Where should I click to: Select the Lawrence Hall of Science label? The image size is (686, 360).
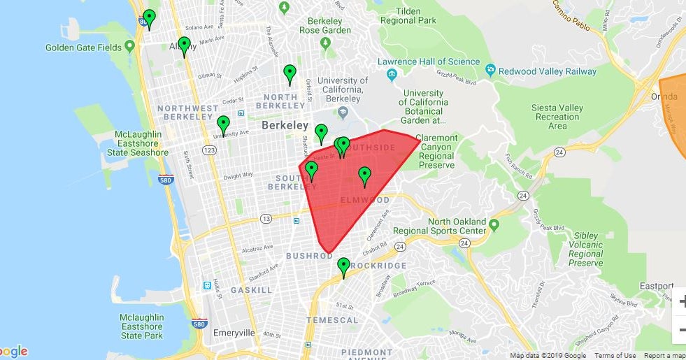coord(429,62)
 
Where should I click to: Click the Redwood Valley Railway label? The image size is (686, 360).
coord(548,71)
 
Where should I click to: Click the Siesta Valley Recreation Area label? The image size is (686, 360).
coord(557,117)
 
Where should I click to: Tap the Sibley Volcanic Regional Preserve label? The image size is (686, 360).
coord(586,249)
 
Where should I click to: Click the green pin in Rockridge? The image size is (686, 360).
coord(343,266)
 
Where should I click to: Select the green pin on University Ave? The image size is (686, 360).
coord(223,124)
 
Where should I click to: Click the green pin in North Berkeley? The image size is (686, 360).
coord(290,73)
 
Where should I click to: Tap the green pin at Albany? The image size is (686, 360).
coord(184,45)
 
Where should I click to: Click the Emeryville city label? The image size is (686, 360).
coord(234,333)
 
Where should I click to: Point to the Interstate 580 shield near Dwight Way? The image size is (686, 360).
coord(166,179)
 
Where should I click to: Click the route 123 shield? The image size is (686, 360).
coord(208,150)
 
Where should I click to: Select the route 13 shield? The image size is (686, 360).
coord(266,219)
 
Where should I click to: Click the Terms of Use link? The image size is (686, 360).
coord(615,356)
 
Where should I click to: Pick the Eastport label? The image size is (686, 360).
coord(657,286)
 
